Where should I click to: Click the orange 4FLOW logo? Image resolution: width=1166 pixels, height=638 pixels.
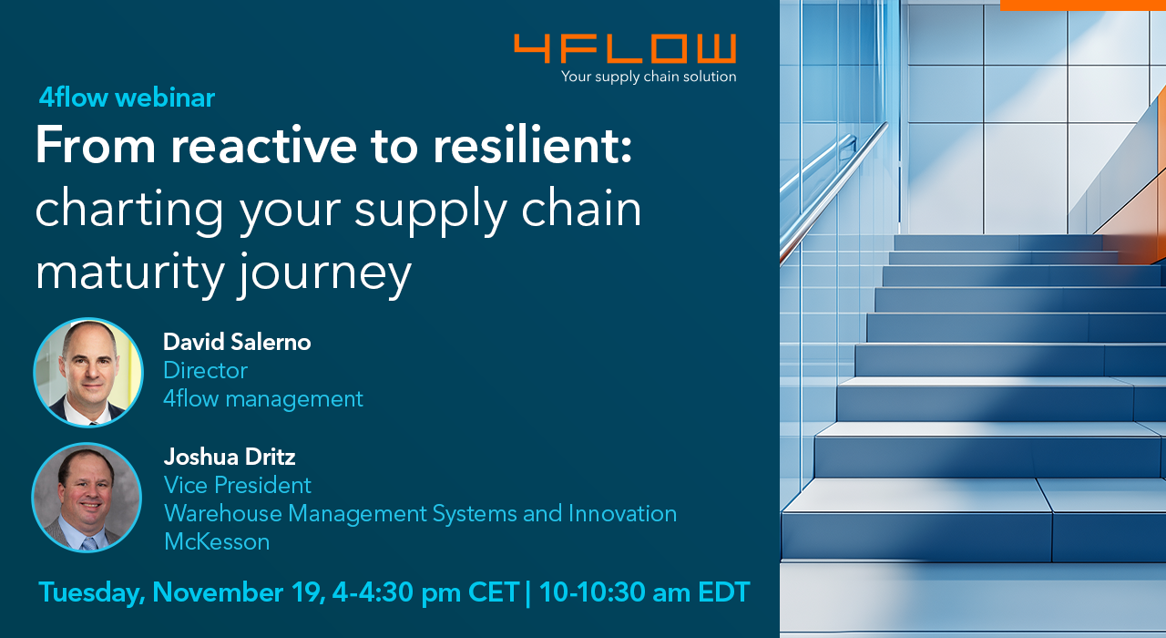[625, 48]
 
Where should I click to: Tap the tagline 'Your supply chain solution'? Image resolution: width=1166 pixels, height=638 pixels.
[649, 77]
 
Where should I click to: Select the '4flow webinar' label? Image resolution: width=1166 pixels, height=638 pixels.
[127, 98]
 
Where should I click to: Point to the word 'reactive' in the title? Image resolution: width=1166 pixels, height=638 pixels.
[263, 145]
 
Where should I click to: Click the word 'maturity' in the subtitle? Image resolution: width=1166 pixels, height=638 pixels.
[129, 273]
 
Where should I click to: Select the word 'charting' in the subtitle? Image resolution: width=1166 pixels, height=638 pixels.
[129, 210]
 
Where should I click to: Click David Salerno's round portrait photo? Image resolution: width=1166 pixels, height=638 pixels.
[88, 373]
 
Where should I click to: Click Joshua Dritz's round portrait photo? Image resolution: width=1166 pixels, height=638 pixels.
[87, 498]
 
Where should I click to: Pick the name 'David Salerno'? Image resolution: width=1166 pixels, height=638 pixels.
[237, 342]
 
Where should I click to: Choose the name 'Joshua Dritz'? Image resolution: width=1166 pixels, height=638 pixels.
[230, 457]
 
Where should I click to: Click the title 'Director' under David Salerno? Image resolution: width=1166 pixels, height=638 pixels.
[206, 370]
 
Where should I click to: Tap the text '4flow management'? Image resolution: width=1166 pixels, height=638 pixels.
[263, 399]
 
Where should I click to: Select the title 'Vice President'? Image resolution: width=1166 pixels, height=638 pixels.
[238, 486]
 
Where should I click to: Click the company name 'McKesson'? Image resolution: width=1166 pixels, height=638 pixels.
[217, 541]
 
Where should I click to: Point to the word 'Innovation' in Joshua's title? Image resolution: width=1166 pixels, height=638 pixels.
[622, 513]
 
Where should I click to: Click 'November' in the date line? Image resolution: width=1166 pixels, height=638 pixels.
[218, 592]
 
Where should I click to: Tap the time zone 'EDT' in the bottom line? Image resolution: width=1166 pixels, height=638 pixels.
[724, 592]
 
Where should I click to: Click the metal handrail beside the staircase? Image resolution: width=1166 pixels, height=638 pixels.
[834, 191]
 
